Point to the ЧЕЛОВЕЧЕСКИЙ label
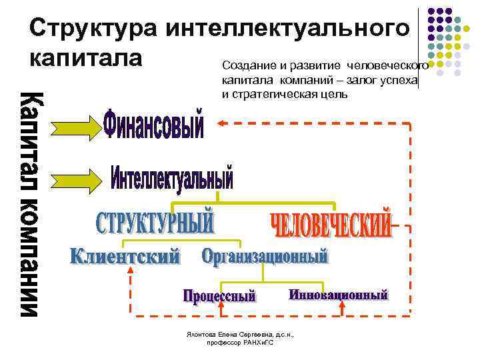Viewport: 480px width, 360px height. [x=332, y=226]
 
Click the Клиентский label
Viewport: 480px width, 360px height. [x=125, y=256]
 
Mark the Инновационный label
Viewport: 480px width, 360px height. [x=338, y=295]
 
